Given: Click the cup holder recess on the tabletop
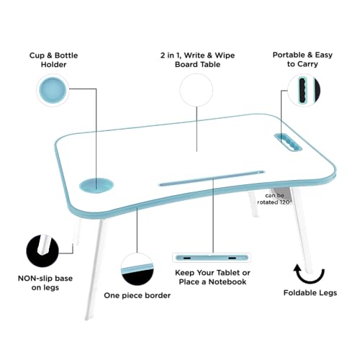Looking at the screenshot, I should (96, 185).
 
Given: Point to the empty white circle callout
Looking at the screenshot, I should (197, 91).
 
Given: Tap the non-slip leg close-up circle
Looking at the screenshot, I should (42, 250).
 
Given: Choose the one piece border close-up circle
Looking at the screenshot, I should (137, 269).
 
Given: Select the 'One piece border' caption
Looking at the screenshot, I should (138, 295).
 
